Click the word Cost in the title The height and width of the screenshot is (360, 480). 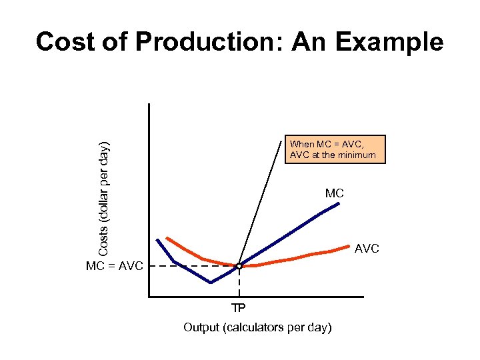[x=65, y=42]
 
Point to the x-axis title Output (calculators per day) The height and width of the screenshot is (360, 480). [x=258, y=327]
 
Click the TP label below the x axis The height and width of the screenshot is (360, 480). [x=238, y=308]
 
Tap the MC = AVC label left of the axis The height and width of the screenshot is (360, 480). [x=115, y=267]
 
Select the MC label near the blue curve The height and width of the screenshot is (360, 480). [x=335, y=193]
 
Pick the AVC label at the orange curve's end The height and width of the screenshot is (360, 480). [x=367, y=248]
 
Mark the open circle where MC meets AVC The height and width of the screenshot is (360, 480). [x=239, y=266]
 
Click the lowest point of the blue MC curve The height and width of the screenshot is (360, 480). [x=211, y=283]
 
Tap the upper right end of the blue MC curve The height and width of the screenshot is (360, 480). [x=339, y=203]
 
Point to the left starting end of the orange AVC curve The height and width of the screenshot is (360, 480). [x=167, y=237]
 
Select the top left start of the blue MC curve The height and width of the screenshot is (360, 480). [x=157, y=239]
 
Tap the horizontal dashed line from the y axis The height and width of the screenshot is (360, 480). [x=193, y=266]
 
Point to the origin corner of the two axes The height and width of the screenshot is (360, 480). [x=149, y=295]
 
